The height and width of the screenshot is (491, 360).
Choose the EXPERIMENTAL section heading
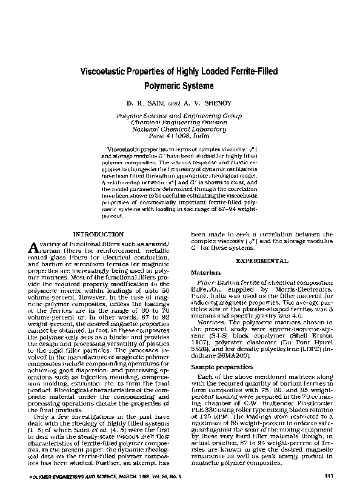[261, 260]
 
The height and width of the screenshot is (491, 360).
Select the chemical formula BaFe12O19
[207, 292]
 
